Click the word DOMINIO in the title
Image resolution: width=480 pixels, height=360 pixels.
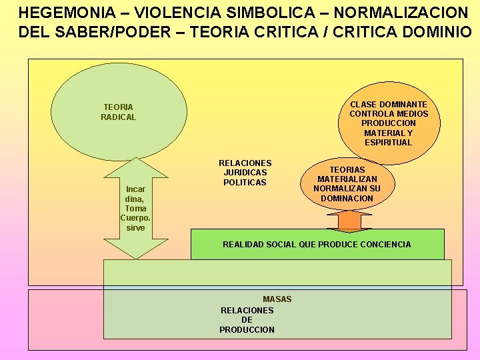pyautogui.click(x=435, y=33)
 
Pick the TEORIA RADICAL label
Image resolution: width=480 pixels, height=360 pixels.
pyautogui.click(x=118, y=112)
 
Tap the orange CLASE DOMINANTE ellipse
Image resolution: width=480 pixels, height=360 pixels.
pyautogui.click(x=389, y=123)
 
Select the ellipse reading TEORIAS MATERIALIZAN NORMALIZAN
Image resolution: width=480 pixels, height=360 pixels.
pyautogui.click(x=347, y=184)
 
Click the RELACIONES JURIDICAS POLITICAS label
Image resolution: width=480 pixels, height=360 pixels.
pyautogui.click(x=245, y=173)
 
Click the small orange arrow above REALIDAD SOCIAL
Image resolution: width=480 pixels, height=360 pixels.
pyautogui.click(x=349, y=221)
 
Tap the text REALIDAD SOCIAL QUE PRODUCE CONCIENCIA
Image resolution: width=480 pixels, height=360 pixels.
pyautogui.click(x=317, y=245)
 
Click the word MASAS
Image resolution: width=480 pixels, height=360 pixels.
pyautogui.click(x=277, y=299)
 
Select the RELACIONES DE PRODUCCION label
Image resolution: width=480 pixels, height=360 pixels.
pyautogui.click(x=247, y=320)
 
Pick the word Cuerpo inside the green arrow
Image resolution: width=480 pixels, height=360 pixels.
pyautogui.click(x=135, y=218)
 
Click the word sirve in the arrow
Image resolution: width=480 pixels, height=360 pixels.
pyautogui.click(x=135, y=228)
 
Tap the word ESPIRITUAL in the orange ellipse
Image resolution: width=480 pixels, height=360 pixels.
pyautogui.click(x=389, y=142)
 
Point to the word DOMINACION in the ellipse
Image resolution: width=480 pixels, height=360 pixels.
pyautogui.click(x=347, y=198)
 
